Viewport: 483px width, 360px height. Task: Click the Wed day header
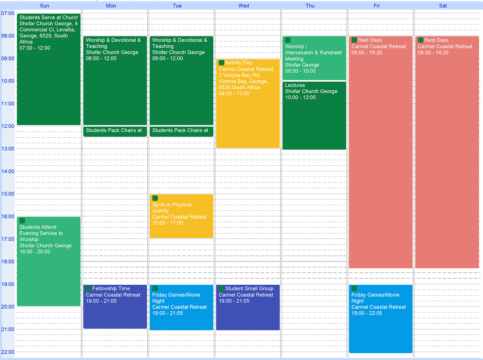pyautogui.click(x=244, y=6)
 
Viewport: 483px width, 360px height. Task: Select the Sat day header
pyautogui.click(x=443, y=6)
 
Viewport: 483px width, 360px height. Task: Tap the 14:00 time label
pyautogui.click(x=8, y=171)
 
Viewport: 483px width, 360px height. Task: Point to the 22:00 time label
pyautogui.click(x=8, y=352)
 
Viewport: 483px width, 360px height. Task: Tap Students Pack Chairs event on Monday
pyautogui.click(x=115, y=131)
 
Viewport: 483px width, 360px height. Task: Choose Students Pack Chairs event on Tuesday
pyautogui.click(x=181, y=131)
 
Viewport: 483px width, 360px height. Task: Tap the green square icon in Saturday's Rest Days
pyautogui.click(x=421, y=40)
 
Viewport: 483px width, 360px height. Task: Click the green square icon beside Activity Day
pyautogui.click(x=221, y=63)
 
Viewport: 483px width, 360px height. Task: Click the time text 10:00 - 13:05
pyautogui.click(x=300, y=97)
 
